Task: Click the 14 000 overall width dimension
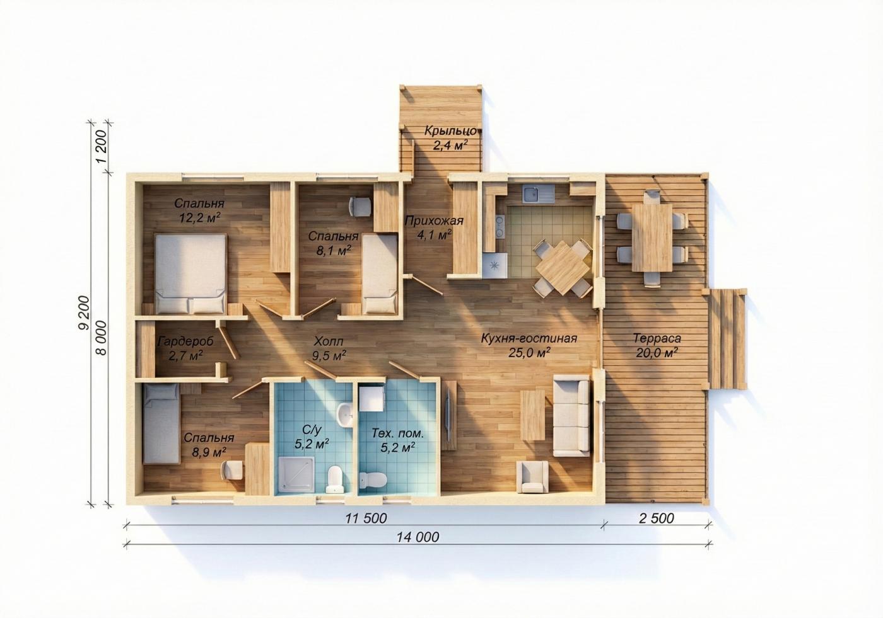[418, 537]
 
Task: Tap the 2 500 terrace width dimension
[656, 518]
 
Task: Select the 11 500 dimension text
[366, 518]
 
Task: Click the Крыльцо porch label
[450, 130]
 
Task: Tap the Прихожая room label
[434, 221]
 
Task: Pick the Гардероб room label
[185, 341]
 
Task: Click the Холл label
[329, 341]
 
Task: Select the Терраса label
[657, 338]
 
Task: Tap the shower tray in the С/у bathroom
[297, 474]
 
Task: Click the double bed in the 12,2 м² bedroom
[190, 273]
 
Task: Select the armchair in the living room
[532, 477]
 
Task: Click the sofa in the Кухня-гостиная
[571, 416]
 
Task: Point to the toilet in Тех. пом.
[373, 480]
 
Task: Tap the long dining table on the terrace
[652, 237]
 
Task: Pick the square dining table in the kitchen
[563, 267]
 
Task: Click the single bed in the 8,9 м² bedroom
[161, 424]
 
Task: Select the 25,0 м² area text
[529, 353]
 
